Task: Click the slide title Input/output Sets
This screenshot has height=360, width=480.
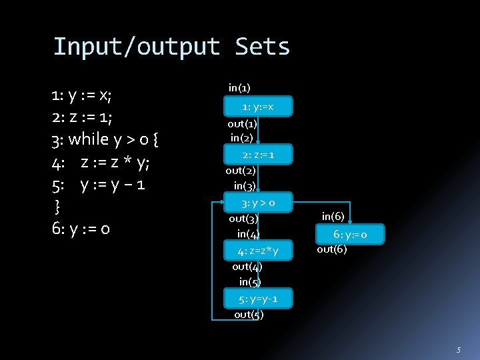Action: pos(171,47)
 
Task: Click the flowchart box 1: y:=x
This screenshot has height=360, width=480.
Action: pos(258,107)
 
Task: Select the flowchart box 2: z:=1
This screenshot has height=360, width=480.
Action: pos(258,155)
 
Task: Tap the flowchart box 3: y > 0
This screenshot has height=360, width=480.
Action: pos(258,202)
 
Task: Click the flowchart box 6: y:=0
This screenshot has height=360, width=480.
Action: pos(350,234)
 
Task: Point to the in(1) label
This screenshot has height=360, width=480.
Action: pos(239,87)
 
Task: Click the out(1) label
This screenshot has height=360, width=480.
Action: pos(242,124)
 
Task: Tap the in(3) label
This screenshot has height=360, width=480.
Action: pos(245,185)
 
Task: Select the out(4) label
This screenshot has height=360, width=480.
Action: pos(247,266)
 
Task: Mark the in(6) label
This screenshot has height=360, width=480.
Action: pos(333,215)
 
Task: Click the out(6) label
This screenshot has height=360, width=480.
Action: pos(332,249)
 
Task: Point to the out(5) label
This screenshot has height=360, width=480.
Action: pos(249,315)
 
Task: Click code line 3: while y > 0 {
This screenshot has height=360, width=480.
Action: pos(104,139)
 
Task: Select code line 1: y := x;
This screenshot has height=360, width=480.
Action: pos(81,95)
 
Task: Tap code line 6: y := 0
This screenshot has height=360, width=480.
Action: pos(81,229)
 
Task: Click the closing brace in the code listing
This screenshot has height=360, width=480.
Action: pos(57,205)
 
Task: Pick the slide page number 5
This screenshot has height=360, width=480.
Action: pos(458,350)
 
